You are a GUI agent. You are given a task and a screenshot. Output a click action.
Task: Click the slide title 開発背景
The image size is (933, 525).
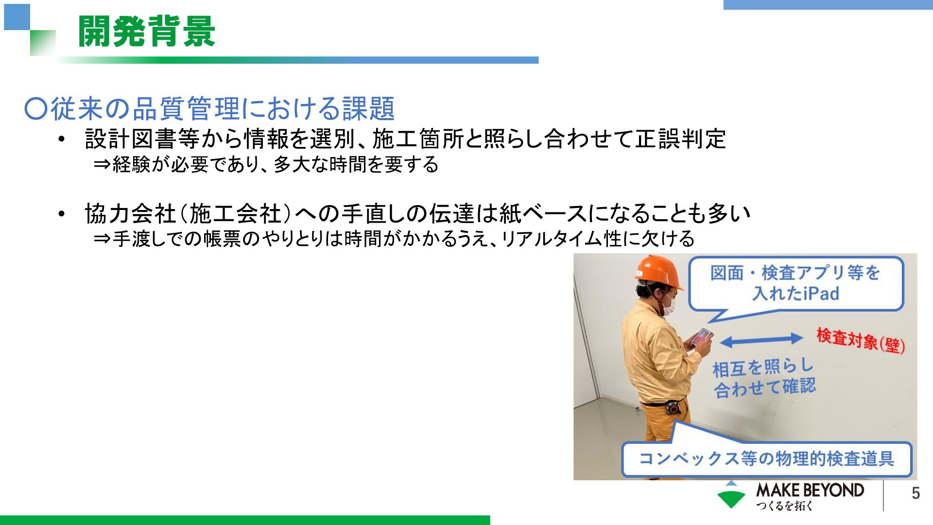click(146, 32)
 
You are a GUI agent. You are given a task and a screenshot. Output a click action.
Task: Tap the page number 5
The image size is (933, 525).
click(916, 493)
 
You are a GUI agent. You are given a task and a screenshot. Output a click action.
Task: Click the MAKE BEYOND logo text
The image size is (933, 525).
click(810, 490)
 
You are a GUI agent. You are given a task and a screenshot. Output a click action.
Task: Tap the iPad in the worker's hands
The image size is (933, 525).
click(702, 337)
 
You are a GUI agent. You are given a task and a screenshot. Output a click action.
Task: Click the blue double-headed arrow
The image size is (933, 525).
click(761, 340)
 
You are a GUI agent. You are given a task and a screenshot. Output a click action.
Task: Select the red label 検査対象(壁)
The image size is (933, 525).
click(861, 341)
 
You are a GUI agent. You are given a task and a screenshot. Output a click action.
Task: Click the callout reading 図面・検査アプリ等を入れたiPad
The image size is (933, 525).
click(796, 284)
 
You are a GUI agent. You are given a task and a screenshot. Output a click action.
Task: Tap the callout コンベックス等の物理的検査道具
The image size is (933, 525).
click(766, 458)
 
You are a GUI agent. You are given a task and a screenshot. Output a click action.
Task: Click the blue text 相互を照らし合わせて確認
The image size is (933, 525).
click(764, 378)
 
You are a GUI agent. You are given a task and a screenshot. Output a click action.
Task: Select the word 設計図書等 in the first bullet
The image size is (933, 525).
click(142, 139)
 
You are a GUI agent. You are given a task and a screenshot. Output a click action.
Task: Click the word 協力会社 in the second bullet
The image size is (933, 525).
click(130, 213)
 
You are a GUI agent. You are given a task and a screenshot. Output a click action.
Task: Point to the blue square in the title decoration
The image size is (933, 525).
click(17, 17)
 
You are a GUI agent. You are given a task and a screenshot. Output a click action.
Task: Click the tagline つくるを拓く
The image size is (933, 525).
click(784, 506)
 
